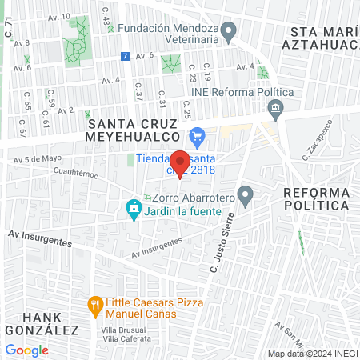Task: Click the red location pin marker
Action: click(180, 162)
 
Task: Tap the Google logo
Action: click(26, 350)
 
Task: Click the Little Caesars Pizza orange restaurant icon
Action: click(95, 304)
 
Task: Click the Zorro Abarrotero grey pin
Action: click(246, 194)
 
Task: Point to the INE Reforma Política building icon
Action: click(276, 107)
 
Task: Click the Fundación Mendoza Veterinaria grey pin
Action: click(230, 33)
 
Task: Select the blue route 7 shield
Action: click(124, 56)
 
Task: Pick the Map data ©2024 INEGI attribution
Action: click(312, 354)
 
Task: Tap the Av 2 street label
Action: click(66, 110)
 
